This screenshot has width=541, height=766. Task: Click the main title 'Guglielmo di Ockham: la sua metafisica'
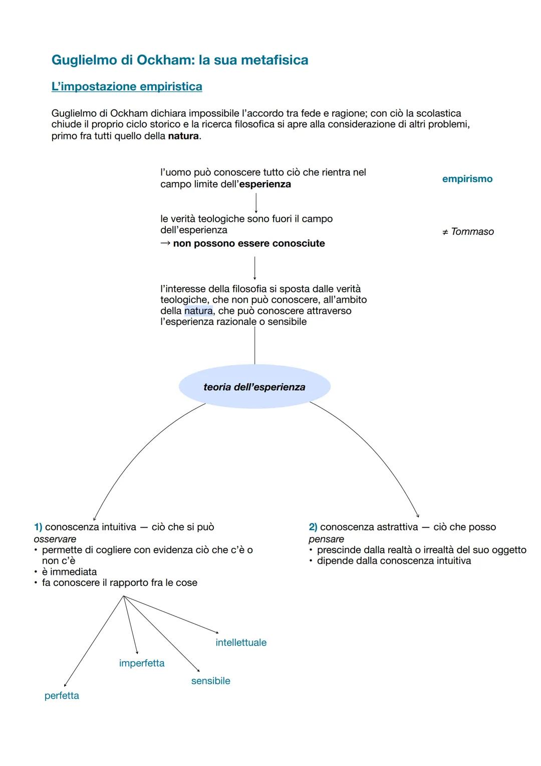coord(179,60)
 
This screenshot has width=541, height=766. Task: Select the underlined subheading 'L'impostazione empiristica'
coord(127,87)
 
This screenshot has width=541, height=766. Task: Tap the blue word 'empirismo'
coord(467,179)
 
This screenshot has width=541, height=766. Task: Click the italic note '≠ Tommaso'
coord(468,232)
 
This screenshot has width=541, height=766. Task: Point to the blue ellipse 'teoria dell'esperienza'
coord(254,387)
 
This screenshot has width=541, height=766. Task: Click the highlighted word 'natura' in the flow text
coord(198,311)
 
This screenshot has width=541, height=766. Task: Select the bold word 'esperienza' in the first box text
coord(265,184)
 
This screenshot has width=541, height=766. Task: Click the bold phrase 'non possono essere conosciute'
coord(248,244)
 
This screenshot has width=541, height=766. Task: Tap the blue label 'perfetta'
coord(62,696)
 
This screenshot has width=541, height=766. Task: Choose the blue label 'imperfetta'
coord(142,663)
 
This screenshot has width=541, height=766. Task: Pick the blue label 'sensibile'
coord(210,681)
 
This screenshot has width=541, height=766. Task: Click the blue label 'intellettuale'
coord(241,643)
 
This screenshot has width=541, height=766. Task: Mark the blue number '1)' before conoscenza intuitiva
coord(38,527)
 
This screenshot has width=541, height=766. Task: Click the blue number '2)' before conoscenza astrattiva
coord(313,527)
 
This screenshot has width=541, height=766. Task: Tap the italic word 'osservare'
coord(55,539)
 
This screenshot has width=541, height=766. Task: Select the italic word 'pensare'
coord(326,539)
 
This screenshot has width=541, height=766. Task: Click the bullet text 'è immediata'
coord(69,572)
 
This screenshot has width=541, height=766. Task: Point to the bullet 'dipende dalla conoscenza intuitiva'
coord(394,561)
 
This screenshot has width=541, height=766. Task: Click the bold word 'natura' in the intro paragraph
coord(183,136)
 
